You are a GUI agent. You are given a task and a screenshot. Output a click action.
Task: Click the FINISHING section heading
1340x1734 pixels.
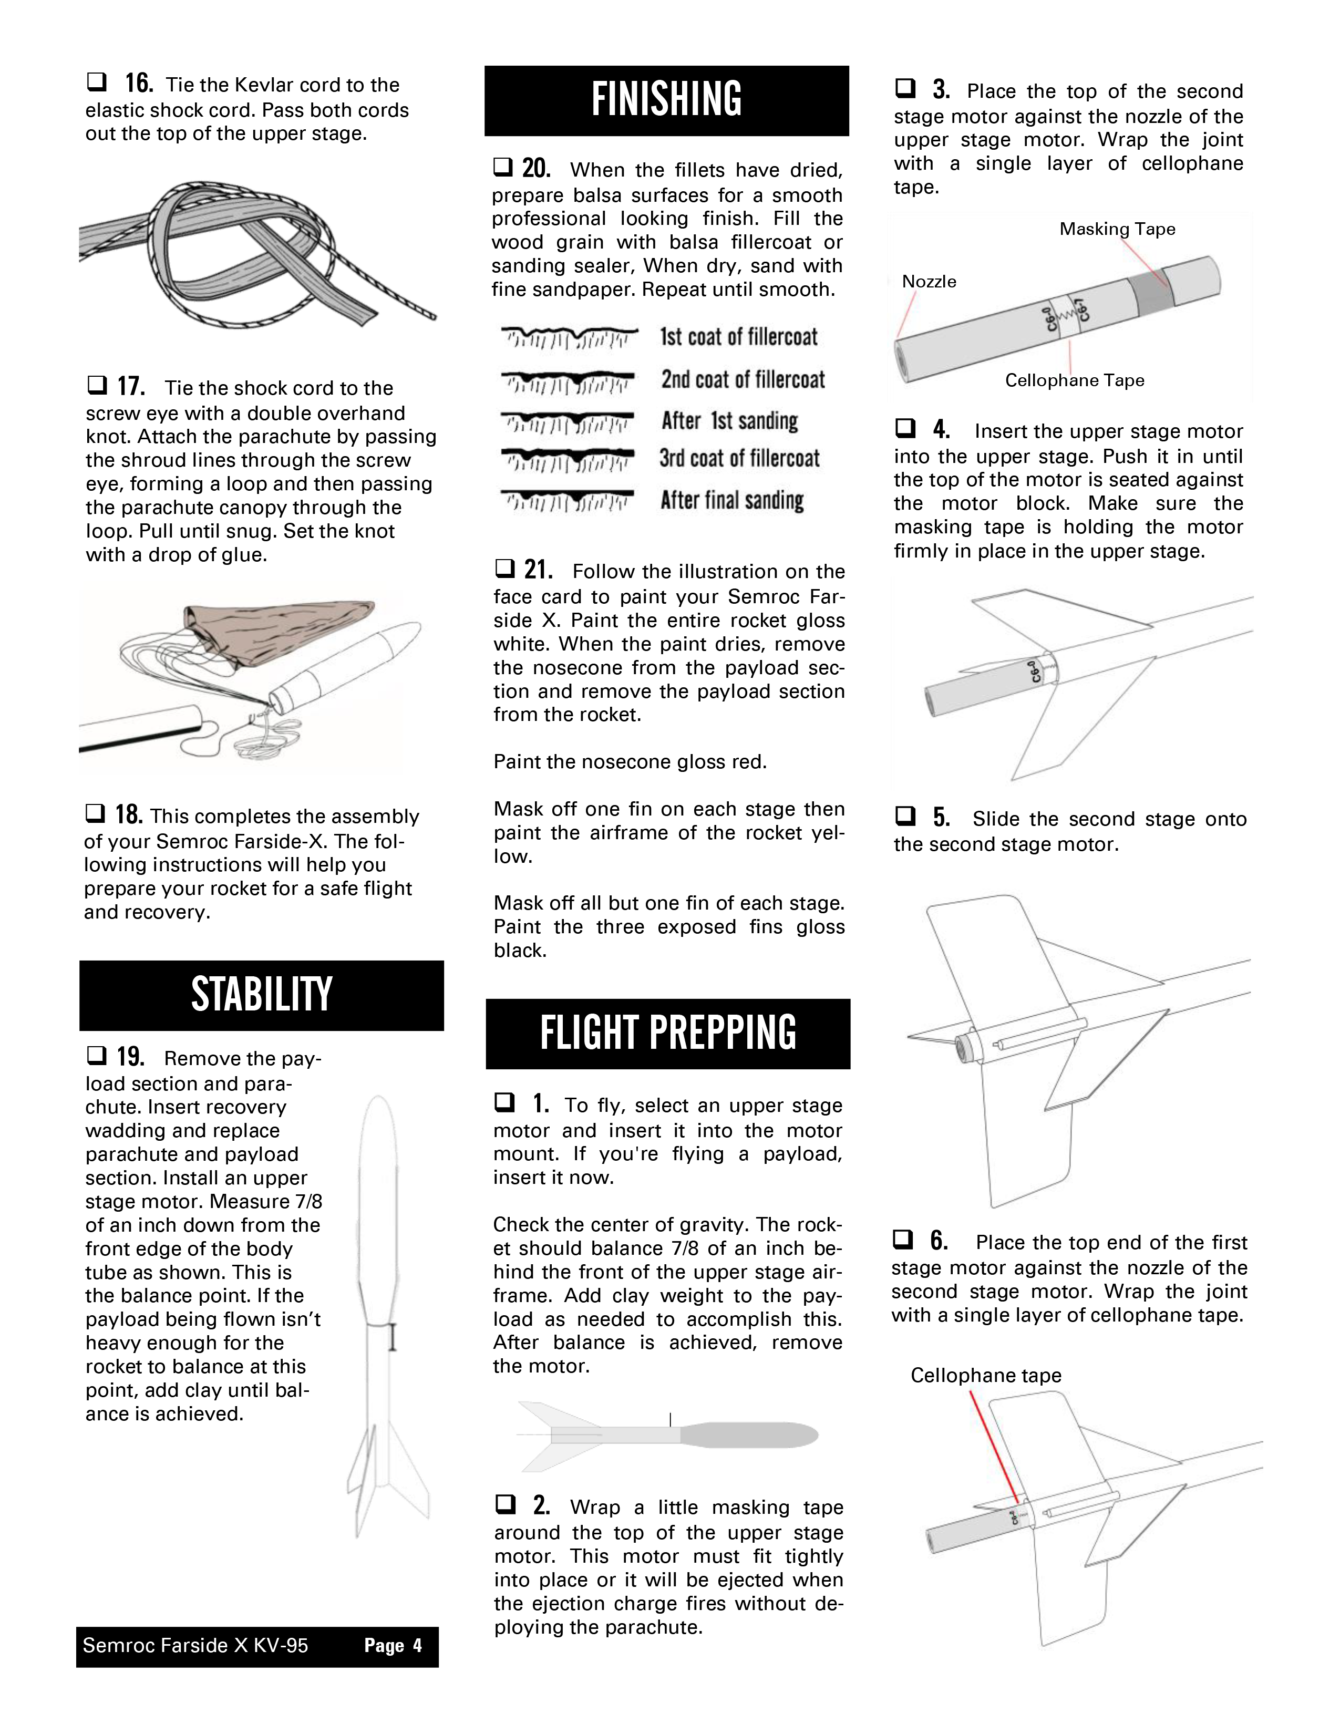click(x=667, y=99)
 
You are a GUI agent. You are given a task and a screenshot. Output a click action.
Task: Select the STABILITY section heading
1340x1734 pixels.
click(x=261, y=995)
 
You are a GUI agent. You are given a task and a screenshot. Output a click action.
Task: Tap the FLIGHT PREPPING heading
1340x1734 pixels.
click(x=667, y=1033)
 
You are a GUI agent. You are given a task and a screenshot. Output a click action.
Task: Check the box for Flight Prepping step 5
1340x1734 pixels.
click(x=905, y=816)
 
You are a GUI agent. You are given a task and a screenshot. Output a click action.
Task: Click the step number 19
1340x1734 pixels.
click(x=131, y=1057)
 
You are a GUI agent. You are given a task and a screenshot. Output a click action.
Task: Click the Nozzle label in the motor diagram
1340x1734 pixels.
click(x=929, y=281)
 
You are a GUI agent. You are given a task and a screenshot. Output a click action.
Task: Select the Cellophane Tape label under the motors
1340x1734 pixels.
click(x=1074, y=380)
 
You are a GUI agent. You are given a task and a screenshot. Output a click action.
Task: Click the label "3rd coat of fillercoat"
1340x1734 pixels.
click(x=739, y=458)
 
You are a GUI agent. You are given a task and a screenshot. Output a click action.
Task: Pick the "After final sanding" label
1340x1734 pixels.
click(x=732, y=500)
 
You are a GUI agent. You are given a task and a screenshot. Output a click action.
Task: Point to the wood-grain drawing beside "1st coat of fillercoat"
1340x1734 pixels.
click(x=569, y=337)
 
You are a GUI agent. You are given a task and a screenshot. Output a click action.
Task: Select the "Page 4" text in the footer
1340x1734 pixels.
click(x=393, y=1645)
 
